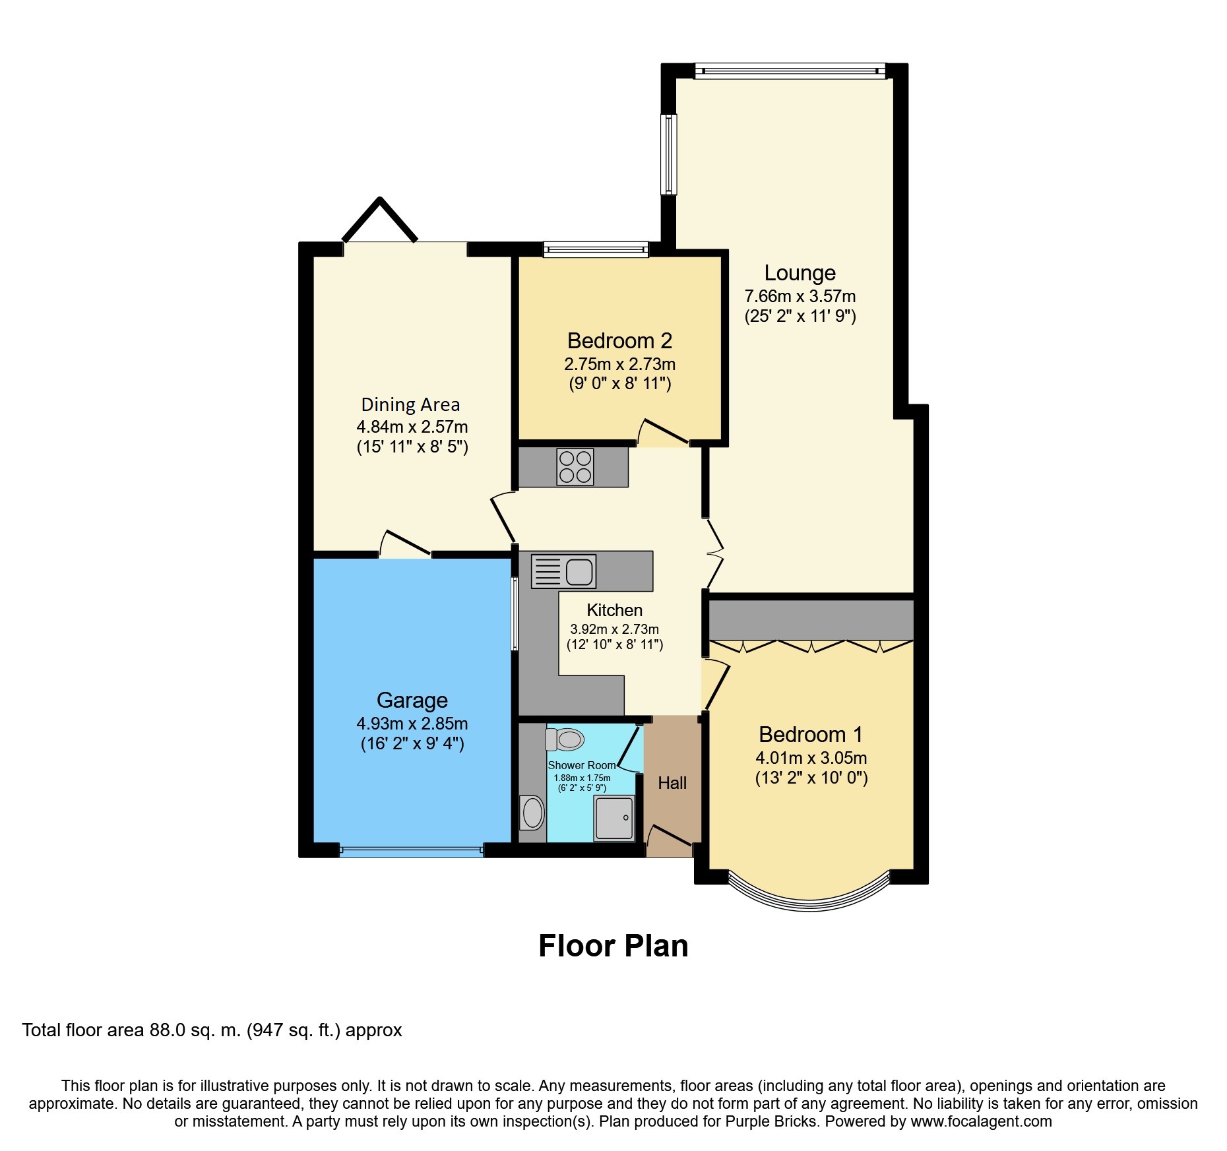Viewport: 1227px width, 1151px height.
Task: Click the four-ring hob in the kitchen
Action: coord(575,466)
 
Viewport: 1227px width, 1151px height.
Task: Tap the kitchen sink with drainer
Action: coord(563,571)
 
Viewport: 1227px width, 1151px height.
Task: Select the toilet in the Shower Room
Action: coord(565,739)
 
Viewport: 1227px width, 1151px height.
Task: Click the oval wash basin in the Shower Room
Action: coord(532,813)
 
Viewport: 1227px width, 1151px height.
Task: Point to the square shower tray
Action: coord(614,818)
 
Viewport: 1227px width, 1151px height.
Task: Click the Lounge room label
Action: coord(800,272)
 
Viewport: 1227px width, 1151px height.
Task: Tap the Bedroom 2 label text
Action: coord(619,340)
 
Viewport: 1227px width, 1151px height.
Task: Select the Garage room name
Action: coord(412,700)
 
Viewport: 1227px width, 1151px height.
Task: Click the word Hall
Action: coord(672,783)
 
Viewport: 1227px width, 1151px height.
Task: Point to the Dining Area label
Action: coord(410,404)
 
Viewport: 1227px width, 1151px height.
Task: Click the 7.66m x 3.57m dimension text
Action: coord(800,296)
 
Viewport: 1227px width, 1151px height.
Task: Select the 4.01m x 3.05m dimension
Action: coord(811,758)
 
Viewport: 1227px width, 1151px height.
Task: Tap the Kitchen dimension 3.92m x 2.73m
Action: coord(615,629)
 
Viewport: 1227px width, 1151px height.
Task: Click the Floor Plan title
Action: coord(613,946)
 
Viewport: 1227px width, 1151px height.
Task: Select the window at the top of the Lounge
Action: coord(790,71)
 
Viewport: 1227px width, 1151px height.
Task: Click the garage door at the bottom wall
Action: coord(412,852)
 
